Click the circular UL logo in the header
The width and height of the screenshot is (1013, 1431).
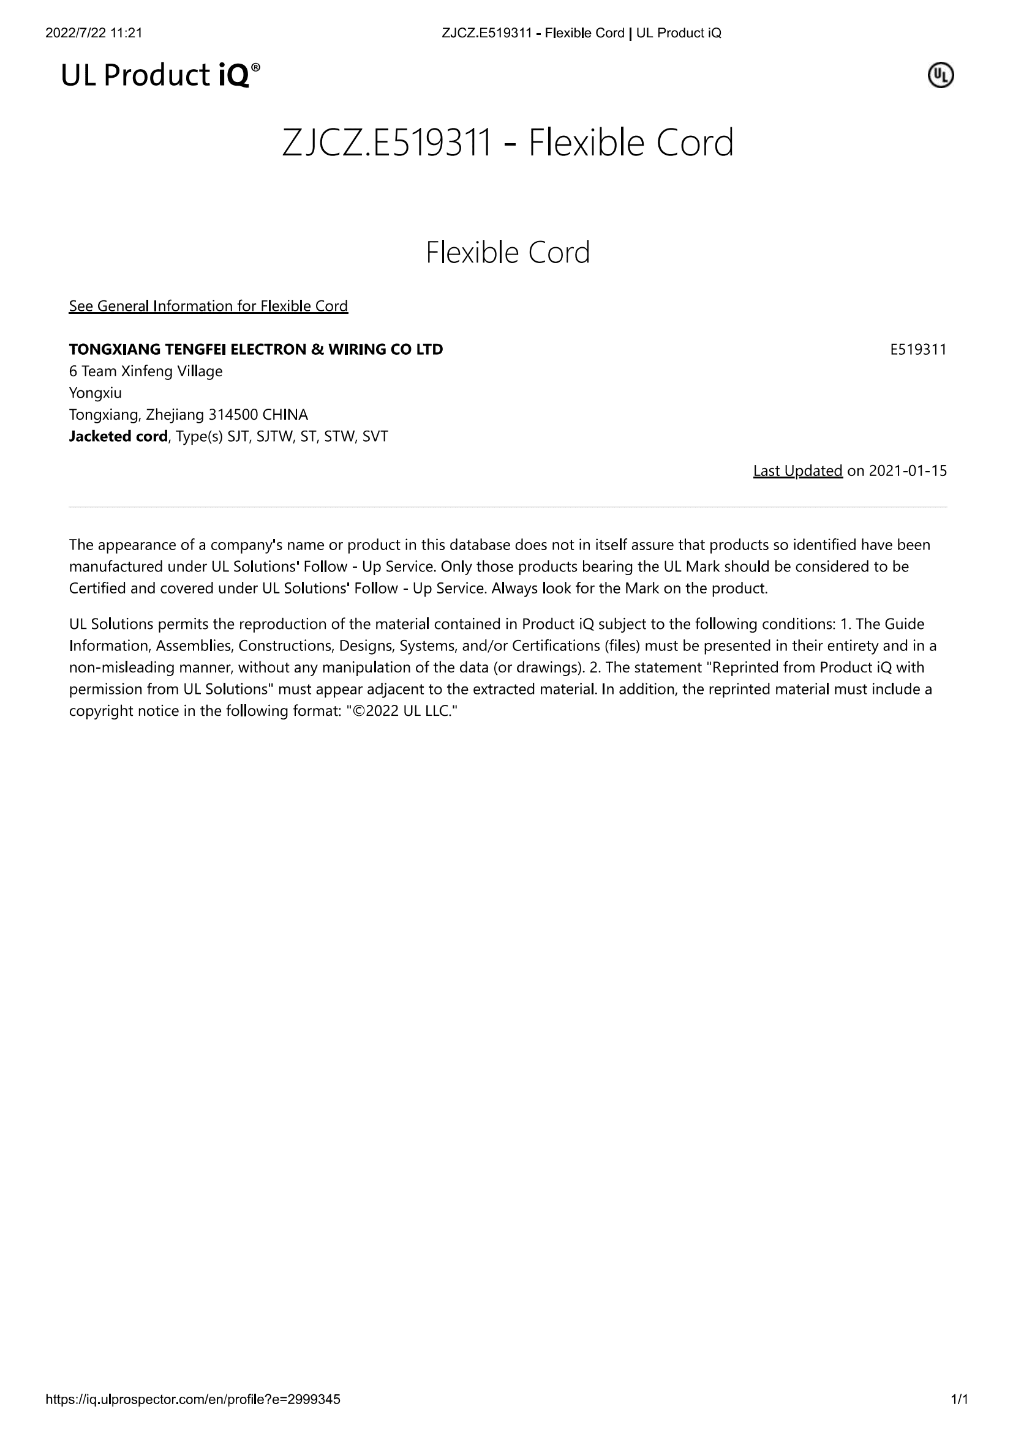pos(941,75)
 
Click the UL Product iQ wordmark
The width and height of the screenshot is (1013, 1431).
pos(160,75)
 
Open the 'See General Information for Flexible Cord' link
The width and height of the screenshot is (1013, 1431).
pos(208,306)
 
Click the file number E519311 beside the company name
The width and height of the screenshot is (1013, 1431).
pos(917,350)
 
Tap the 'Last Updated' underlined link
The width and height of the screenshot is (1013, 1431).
pos(797,470)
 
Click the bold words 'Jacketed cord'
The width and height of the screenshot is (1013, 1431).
pos(118,436)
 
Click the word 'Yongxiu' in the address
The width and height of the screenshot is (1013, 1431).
pos(96,393)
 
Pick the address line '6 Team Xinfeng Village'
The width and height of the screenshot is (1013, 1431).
pos(145,371)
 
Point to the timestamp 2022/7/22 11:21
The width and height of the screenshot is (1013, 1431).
pos(94,33)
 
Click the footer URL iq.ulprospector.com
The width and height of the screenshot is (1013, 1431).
pos(193,1399)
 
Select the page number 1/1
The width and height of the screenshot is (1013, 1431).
pos(958,1399)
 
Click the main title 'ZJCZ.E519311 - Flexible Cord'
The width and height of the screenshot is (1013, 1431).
pos(507,143)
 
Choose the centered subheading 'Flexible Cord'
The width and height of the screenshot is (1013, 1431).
pos(507,253)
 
